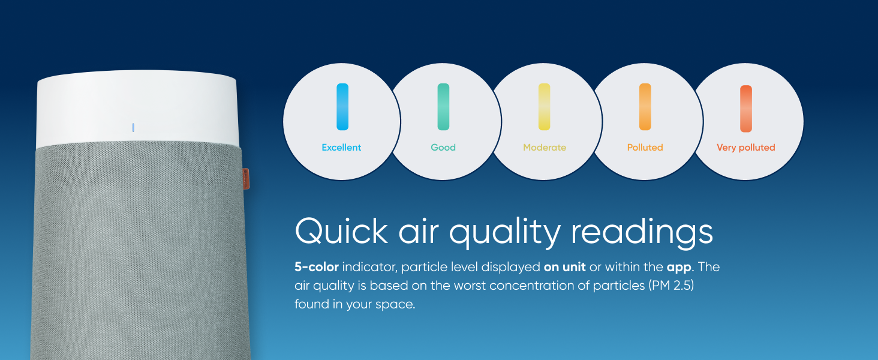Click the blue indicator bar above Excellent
(x=342, y=107)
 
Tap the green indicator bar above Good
(x=443, y=107)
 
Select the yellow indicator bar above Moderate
(x=544, y=107)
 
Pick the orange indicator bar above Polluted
(x=645, y=107)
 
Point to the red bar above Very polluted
(x=746, y=109)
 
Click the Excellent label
(x=341, y=148)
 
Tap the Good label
(x=443, y=148)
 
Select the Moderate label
(x=545, y=148)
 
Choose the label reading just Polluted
(x=645, y=148)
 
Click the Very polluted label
(x=746, y=148)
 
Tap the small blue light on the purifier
(x=133, y=127)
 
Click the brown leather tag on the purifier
(x=246, y=179)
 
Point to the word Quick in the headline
(x=341, y=231)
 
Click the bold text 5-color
(x=317, y=267)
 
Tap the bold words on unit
(x=565, y=267)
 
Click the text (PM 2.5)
(x=670, y=286)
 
